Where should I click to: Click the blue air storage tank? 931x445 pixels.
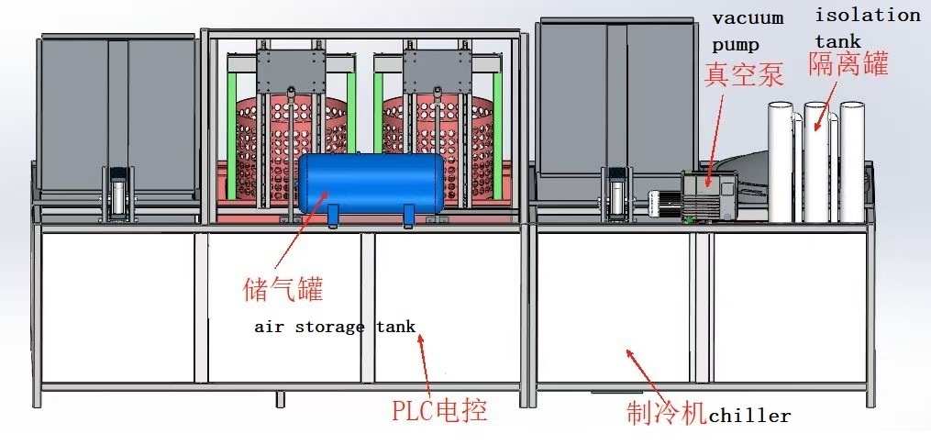371,184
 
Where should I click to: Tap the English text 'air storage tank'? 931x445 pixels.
335,327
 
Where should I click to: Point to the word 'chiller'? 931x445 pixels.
748,416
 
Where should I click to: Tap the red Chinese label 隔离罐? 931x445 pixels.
848,63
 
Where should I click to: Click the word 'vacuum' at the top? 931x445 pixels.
748,17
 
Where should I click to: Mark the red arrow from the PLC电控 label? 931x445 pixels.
425,367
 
